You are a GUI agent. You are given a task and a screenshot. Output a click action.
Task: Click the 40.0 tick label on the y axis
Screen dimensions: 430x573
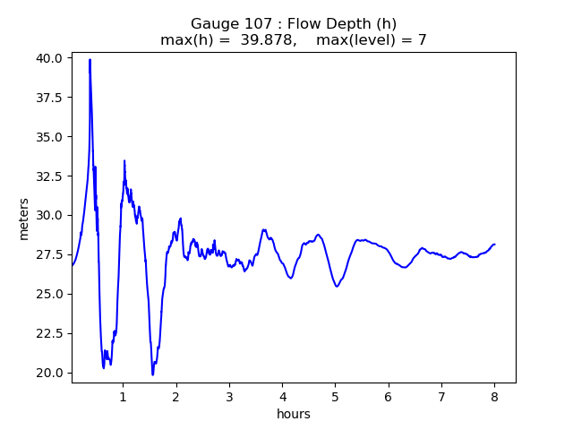(50, 58)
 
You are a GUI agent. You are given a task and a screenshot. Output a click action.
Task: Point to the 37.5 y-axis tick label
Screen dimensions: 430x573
(50, 98)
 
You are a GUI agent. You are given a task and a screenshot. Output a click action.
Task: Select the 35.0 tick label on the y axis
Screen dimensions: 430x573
(50, 137)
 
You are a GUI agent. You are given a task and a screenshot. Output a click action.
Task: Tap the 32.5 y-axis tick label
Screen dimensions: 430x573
(50, 176)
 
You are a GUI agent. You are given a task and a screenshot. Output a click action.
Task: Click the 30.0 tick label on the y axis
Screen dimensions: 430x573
(50, 215)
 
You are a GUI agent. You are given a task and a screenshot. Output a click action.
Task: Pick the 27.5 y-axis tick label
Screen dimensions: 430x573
(50, 254)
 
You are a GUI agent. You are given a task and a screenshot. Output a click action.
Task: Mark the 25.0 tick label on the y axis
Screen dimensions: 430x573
(50, 294)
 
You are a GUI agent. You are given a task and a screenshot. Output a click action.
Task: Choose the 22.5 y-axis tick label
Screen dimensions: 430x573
(50, 333)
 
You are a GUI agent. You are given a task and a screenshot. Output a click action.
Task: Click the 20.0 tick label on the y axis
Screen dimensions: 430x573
(50, 373)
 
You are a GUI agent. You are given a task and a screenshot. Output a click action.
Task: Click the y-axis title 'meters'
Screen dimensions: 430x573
(24, 219)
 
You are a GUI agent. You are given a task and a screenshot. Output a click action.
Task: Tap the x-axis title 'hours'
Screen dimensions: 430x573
(294, 414)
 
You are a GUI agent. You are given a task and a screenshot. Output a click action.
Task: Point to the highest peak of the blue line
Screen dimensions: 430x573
(90, 60)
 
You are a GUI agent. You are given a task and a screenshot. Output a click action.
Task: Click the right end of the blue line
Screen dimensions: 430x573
(494, 244)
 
